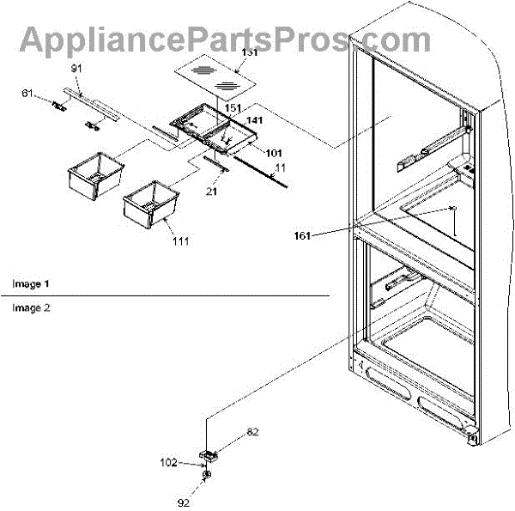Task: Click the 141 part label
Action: pos(255,122)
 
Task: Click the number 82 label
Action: pos(252,433)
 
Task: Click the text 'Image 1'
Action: pos(31,283)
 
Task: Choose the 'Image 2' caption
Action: pos(31,307)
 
